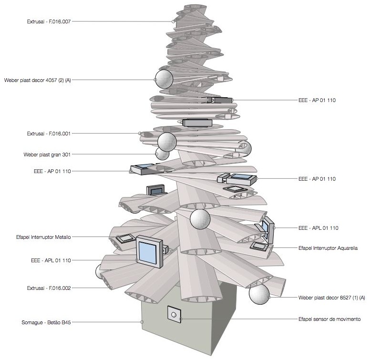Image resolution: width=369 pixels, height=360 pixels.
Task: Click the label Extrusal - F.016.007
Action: pos(49,21)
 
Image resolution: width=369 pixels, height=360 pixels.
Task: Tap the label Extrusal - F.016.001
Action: pos(49,134)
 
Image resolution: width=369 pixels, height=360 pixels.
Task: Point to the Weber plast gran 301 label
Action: pos(47,154)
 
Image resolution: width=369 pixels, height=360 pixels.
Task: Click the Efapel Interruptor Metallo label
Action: pos(43,237)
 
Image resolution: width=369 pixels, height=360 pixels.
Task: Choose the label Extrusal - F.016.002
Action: pos(49,288)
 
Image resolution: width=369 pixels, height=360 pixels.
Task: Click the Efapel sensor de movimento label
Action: pos(329,319)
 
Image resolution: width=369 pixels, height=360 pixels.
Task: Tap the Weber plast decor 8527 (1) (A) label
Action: pos(331,298)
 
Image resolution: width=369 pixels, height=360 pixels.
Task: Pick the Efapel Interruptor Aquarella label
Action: pos(328,248)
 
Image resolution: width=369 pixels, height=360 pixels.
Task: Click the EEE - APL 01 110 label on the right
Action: pos(318,228)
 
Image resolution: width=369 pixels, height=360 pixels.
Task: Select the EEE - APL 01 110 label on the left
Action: pos(49,260)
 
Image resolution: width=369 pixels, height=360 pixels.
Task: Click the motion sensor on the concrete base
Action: pos(174,314)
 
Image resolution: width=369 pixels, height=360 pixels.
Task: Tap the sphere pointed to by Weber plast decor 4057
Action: pos(164,79)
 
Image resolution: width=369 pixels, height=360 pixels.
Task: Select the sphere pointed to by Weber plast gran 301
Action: pos(163,154)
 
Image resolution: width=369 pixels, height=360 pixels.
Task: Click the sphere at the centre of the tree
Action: pos(200,218)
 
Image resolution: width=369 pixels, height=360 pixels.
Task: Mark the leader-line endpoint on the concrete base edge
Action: pos(142,322)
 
